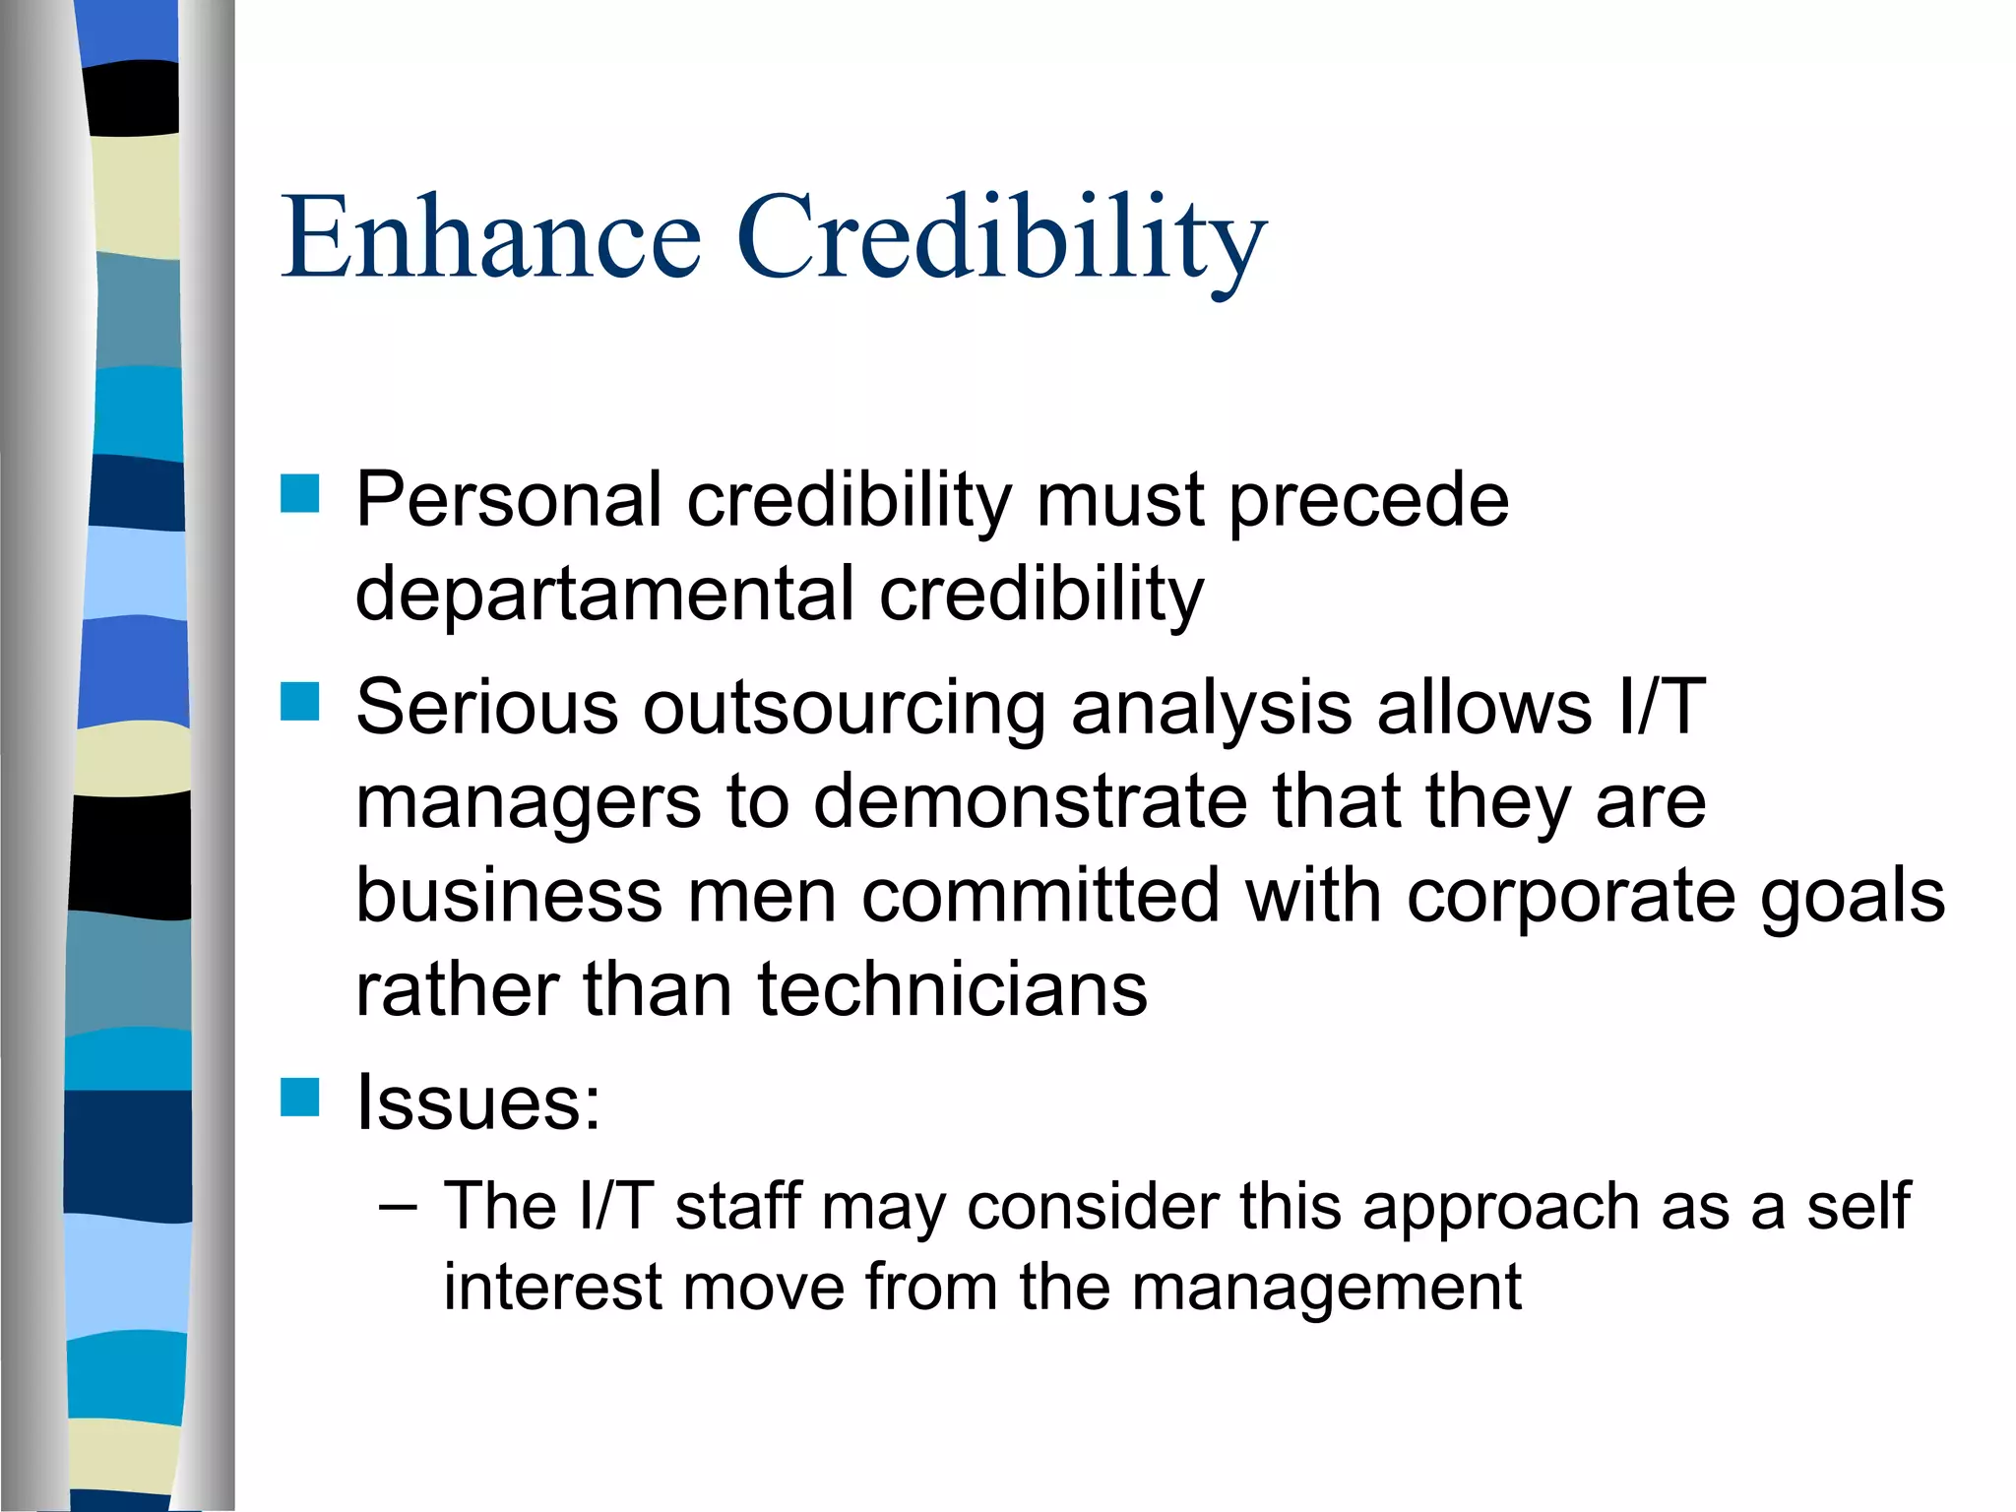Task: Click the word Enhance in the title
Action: coord(490,237)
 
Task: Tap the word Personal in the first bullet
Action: coord(508,500)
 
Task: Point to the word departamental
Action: coord(604,595)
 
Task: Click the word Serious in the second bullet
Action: coord(486,707)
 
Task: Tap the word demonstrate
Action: coord(1030,801)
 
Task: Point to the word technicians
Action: coord(952,989)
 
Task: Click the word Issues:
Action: coord(478,1102)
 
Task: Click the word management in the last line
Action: coord(1326,1288)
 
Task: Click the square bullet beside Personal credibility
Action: coord(299,494)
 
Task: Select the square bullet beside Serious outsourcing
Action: coord(299,702)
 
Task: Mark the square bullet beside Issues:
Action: coord(299,1097)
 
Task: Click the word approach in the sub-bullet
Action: coord(1501,1208)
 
